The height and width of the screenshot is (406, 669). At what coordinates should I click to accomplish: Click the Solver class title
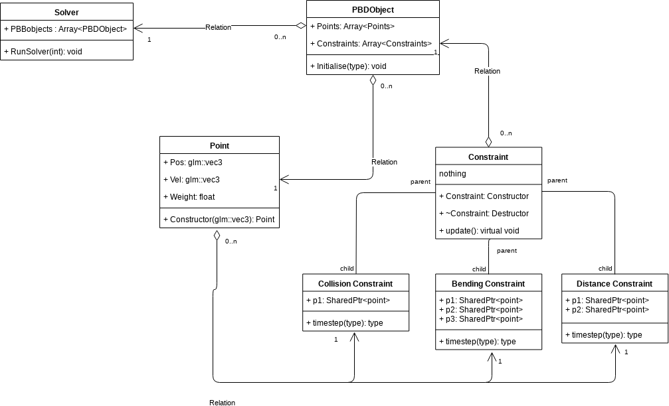coord(66,13)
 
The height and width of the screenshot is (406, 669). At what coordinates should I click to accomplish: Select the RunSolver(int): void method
coord(44,50)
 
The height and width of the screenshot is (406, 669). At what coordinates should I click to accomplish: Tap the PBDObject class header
coord(373,9)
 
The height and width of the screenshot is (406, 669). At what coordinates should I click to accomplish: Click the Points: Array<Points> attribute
coord(353,27)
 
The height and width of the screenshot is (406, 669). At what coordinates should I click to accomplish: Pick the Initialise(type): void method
coord(348,66)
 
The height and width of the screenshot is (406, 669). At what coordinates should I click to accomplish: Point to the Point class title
coord(219,146)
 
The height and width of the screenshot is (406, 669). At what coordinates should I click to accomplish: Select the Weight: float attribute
coord(189,197)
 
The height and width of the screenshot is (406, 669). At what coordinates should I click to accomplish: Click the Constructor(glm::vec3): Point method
coord(219,220)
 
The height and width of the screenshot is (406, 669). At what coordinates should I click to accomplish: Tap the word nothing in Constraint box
coord(452,174)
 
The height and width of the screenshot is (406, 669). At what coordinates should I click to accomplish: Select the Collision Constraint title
coord(355,283)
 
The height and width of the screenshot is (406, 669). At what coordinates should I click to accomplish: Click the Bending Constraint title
coord(488,283)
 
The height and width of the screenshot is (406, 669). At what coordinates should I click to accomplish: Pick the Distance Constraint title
coord(615,283)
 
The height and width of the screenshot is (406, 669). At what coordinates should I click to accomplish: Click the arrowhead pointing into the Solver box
coord(138,28)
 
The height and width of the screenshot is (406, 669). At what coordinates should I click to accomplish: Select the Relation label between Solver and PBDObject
coord(219,27)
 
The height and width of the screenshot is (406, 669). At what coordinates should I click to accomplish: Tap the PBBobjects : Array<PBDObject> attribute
coord(66,29)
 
